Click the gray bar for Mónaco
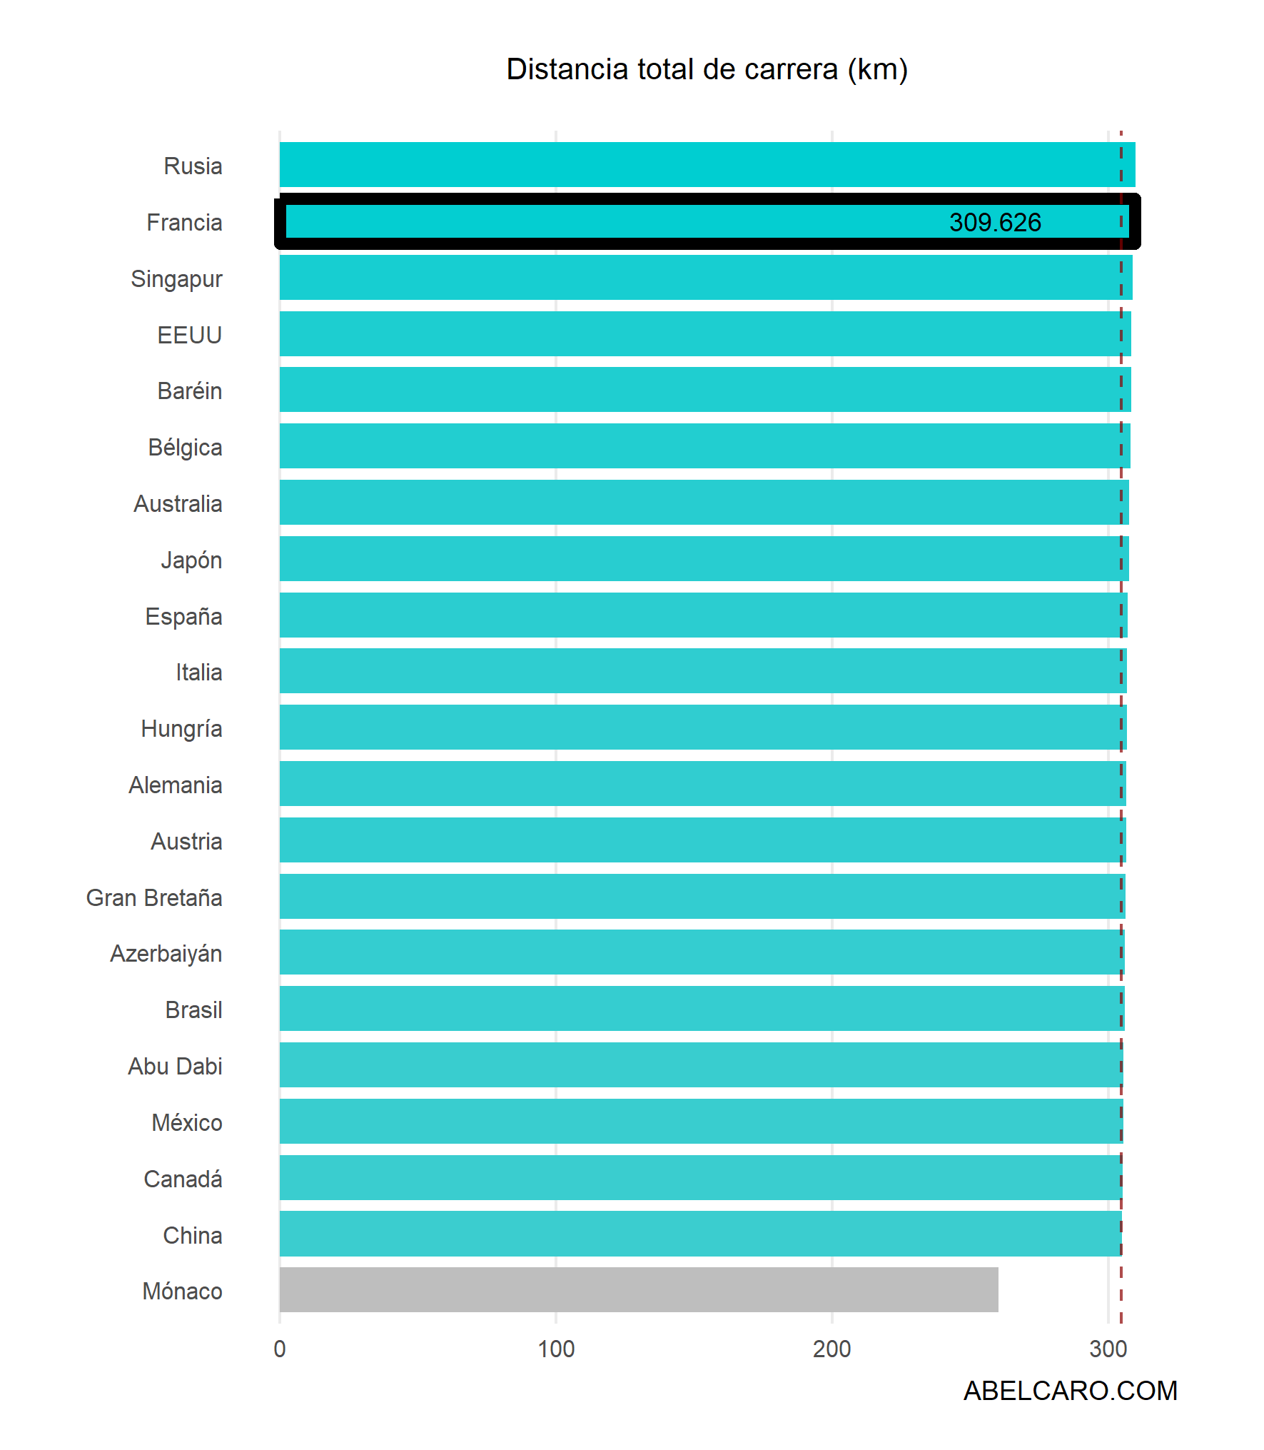tap(638, 1289)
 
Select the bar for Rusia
tap(707, 164)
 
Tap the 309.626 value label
tap(994, 222)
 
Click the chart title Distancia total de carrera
tap(707, 69)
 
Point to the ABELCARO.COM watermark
tap(1069, 1390)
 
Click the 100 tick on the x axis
tap(555, 1349)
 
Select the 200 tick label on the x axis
tap(831, 1349)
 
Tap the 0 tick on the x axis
tap(280, 1349)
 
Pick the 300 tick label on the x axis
tap(1108, 1349)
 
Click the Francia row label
tap(184, 223)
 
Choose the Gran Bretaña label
tap(154, 897)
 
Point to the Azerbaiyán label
tap(166, 954)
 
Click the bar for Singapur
tap(705, 277)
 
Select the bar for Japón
tap(704, 558)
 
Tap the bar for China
tap(700, 1233)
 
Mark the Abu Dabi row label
tap(175, 1066)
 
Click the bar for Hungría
tap(703, 727)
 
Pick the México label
tap(186, 1122)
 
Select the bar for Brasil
tap(702, 1008)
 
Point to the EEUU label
tap(189, 335)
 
